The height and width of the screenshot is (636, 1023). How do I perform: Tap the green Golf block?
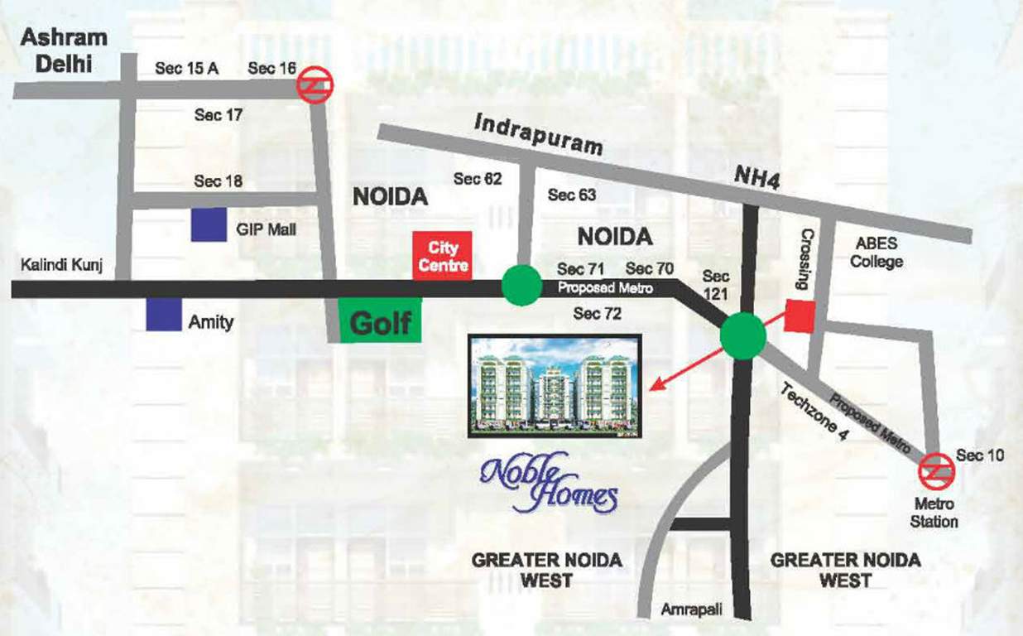click(x=380, y=320)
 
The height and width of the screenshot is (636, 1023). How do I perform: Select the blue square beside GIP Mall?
click(x=209, y=224)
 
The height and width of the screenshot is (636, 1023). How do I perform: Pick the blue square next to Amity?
click(x=163, y=314)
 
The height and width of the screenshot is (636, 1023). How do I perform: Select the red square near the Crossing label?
click(x=800, y=316)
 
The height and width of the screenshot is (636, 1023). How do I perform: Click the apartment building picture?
click(x=553, y=385)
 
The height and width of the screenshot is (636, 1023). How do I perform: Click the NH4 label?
click(x=757, y=179)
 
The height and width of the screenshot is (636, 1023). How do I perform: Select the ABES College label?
click(x=877, y=253)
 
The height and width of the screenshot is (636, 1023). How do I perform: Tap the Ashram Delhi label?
click(x=64, y=50)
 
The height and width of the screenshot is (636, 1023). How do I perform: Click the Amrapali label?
click(x=691, y=609)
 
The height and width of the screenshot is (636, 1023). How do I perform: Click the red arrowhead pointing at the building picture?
click(x=656, y=384)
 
